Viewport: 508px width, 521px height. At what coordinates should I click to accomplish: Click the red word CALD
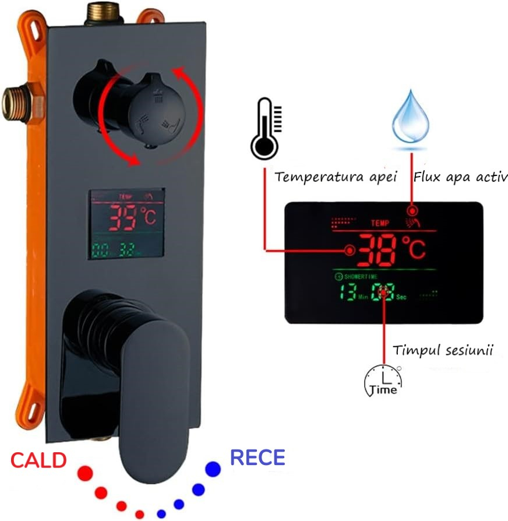click(38, 460)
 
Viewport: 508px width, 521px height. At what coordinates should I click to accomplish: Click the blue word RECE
click(257, 457)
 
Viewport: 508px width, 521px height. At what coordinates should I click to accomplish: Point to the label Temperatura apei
click(336, 177)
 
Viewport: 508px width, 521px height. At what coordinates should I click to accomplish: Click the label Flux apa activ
click(460, 177)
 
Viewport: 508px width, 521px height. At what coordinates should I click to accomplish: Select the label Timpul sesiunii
click(443, 351)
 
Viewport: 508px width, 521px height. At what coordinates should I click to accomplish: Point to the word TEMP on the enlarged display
click(379, 223)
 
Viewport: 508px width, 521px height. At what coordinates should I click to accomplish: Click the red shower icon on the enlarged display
click(412, 221)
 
